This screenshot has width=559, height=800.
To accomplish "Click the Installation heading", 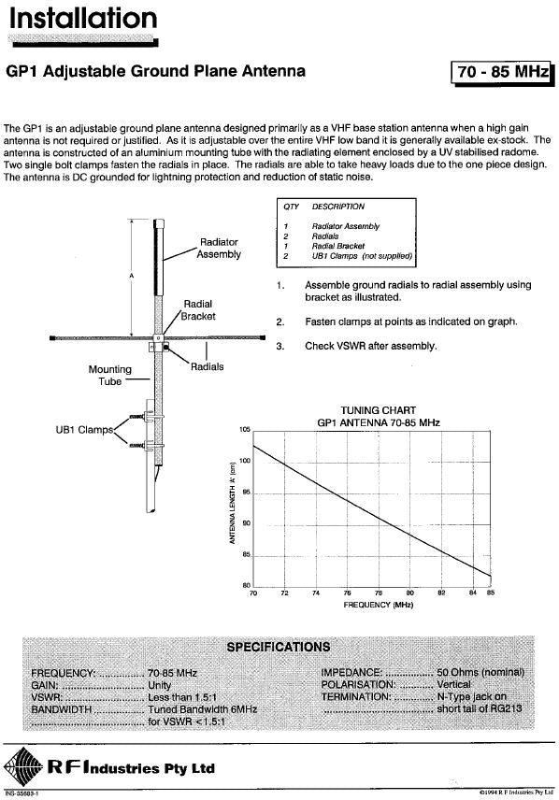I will [x=82, y=20].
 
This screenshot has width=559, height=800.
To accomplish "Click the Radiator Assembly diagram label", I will [x=219, y=248].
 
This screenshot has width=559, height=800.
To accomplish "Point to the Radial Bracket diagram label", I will [x=198, y=309].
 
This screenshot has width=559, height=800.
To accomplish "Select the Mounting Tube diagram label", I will [x=109, y=375].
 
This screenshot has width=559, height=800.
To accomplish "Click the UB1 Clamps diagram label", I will [x=82, y=430].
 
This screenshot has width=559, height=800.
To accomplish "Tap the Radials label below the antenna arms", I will [x=207, y=367].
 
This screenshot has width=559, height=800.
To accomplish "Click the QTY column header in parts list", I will [x=290, y=207].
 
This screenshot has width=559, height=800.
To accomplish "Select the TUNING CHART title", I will [x=378, y=410].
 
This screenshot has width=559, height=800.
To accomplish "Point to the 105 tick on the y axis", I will [x=245, y=428].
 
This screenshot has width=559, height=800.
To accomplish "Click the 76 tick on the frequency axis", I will [x=347, y=593].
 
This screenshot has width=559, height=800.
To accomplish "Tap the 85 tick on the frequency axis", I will [x=490, y=593].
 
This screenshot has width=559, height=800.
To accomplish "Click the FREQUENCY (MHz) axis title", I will [x=378, y=606].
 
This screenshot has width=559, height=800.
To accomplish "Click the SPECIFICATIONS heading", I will [x=279, y=647].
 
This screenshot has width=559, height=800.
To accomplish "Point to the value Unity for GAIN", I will [x=161, y=684].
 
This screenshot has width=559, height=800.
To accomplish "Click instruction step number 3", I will [x=279, y=346].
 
